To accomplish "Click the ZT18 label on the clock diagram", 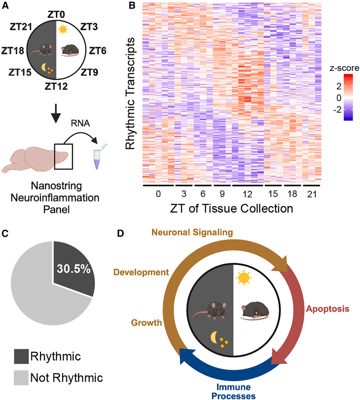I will [x=13, y=51].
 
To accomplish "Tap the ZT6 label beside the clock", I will [x=97, y=51].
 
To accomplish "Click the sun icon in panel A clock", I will [x=62, y=29].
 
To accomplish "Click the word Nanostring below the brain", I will [x=55, y=186].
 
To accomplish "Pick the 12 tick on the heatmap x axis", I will [x=247, y=194].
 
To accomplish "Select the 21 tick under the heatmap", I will [x=311, y=194].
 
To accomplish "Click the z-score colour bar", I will [x=348, y=97].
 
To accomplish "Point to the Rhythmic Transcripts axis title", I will [x=130, y=93].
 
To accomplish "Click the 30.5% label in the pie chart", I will [x=73, y=269].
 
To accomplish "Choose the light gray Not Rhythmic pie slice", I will [x=37, y=293].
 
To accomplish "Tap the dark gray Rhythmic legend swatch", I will [x=21, y=356].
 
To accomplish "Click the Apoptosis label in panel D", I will [x=328, y=309].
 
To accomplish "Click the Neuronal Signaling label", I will [x=192, y=232].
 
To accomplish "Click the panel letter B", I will [x=132, y=6].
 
